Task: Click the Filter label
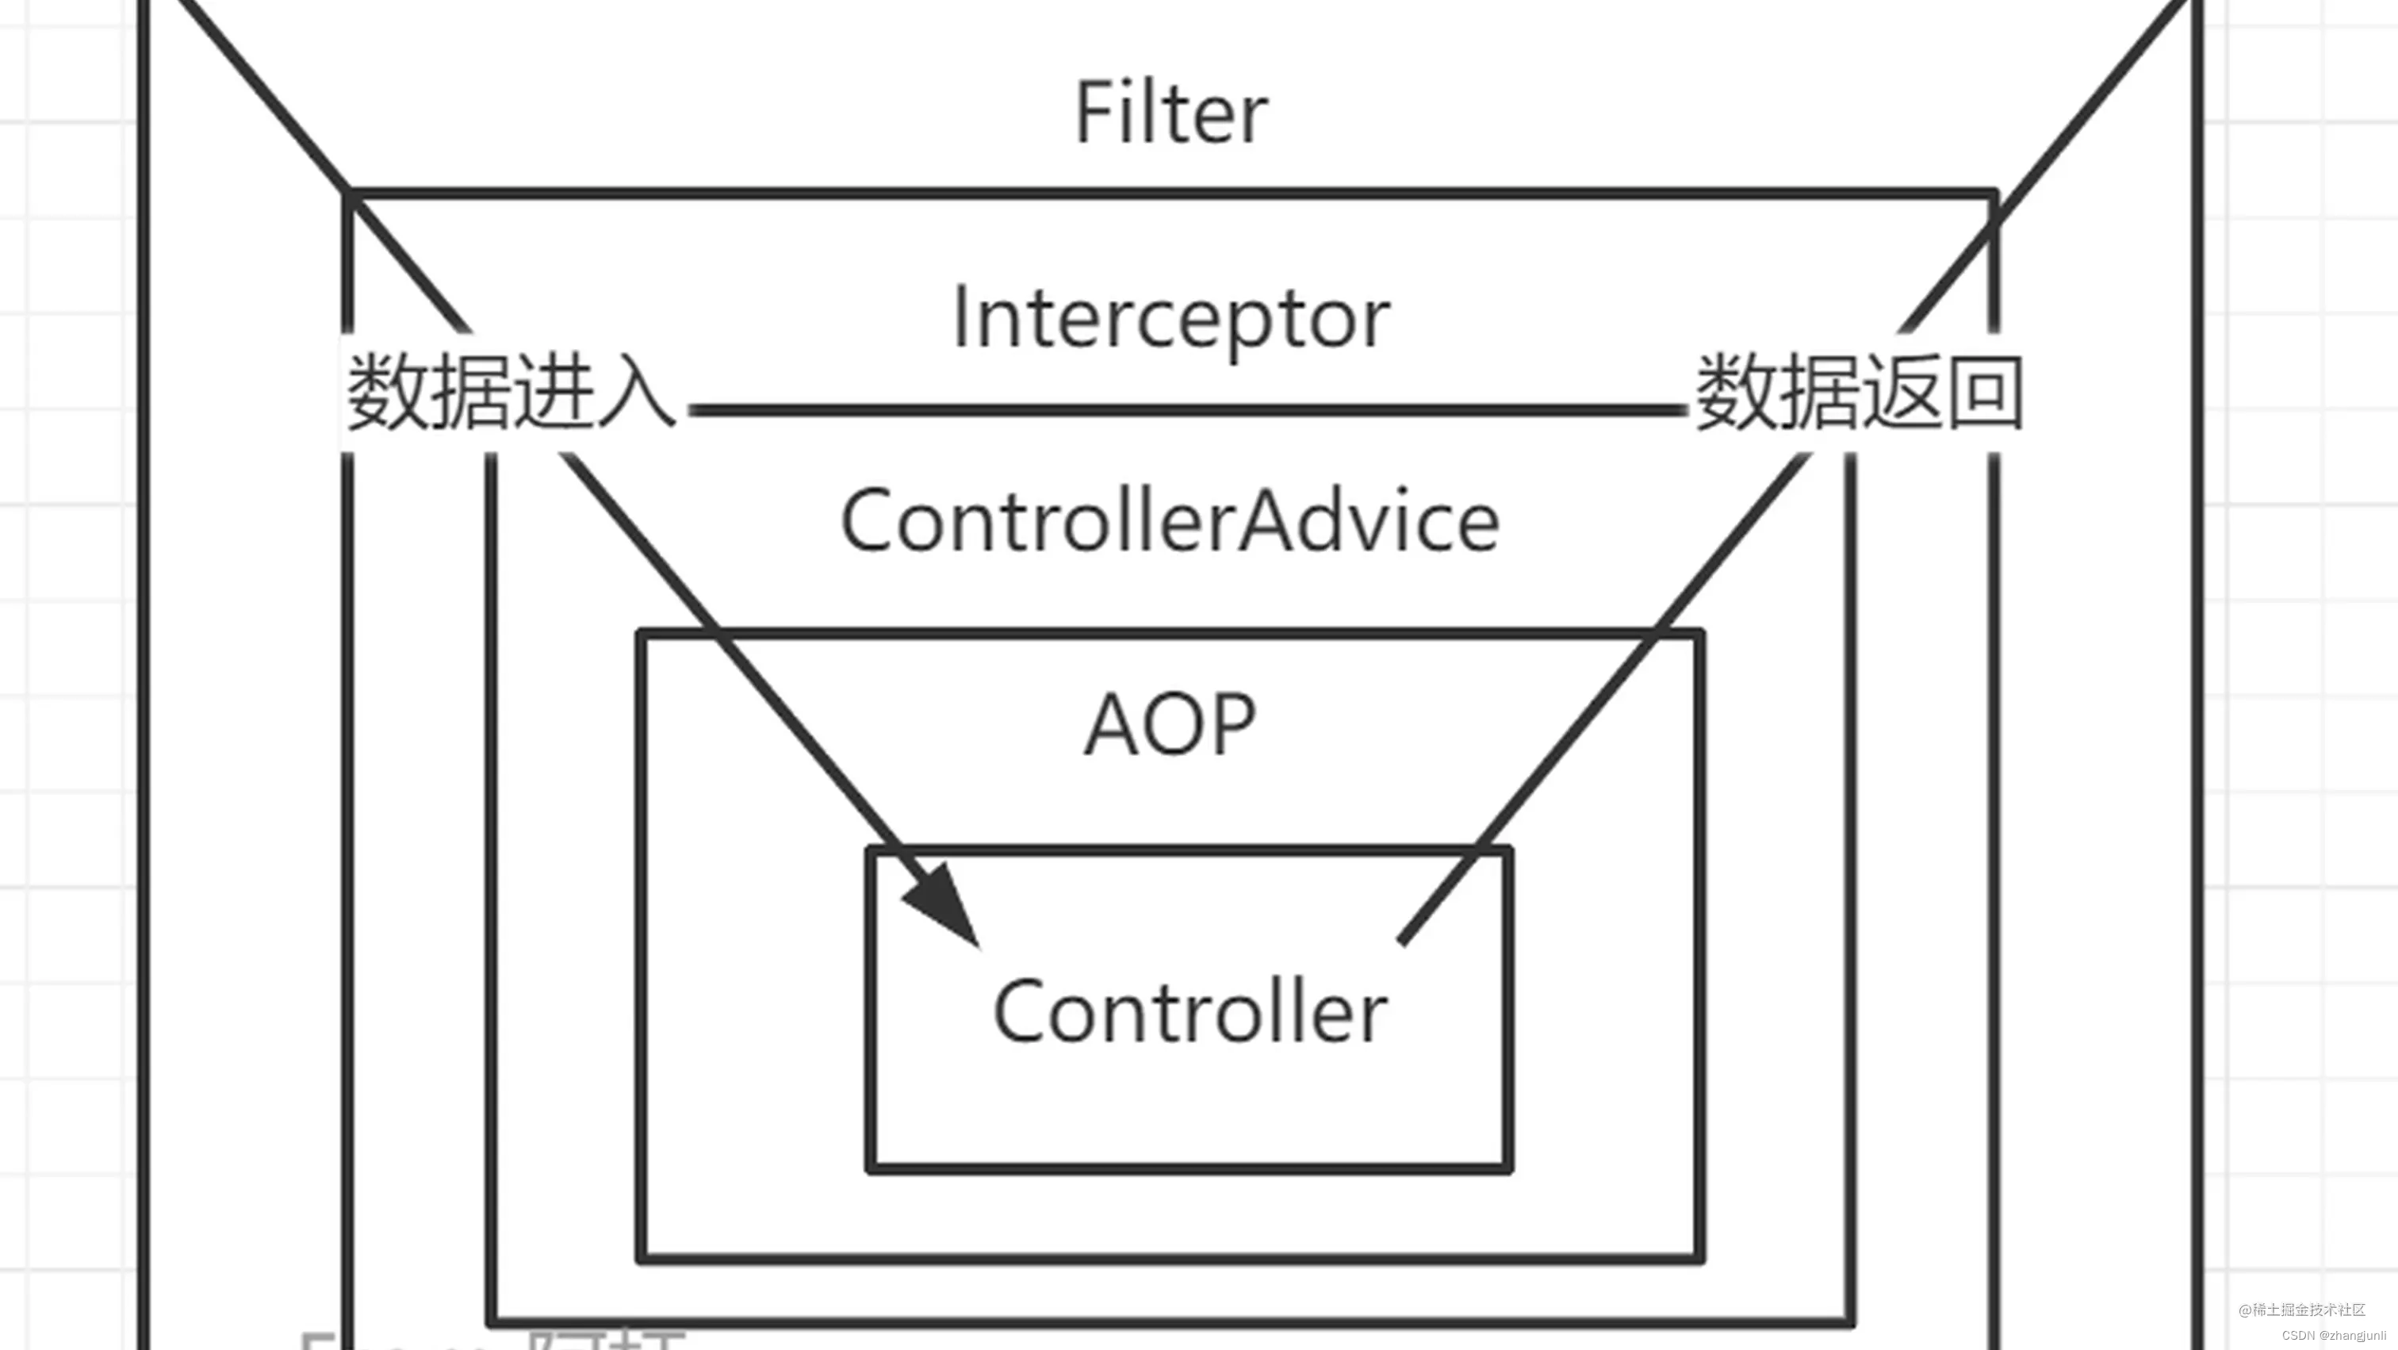(1171, 113)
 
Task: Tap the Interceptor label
(1171, 318)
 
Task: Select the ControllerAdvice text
(1169, 521)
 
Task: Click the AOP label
(1170, 724)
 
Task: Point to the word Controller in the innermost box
(1189, 1012)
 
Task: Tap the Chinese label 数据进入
(510, 391)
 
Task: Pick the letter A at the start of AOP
(1109, 724)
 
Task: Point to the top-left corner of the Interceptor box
(349, 194)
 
